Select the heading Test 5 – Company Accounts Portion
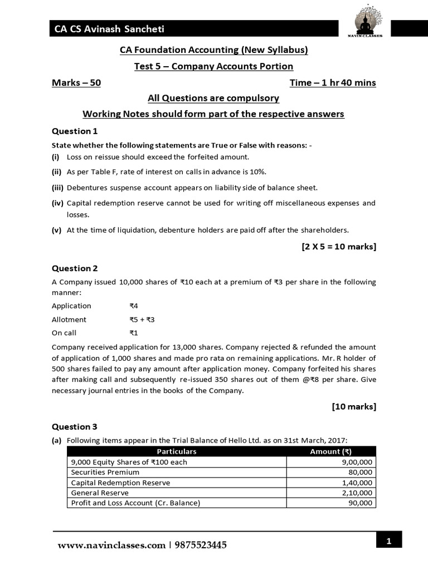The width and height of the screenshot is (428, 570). click(x=213, y=66)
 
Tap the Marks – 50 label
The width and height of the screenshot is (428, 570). click(x=76, y=83)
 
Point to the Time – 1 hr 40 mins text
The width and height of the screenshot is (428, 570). click(x=333, y=83)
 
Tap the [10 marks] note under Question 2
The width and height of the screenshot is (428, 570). click(x=354, y=406)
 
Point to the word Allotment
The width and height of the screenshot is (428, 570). click(x=69, y=320)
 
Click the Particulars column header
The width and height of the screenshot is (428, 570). click(x=176, y=451)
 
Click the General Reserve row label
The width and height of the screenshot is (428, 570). click(x=100, y=493)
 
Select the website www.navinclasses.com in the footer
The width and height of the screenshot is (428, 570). click(x=111, y=545)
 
